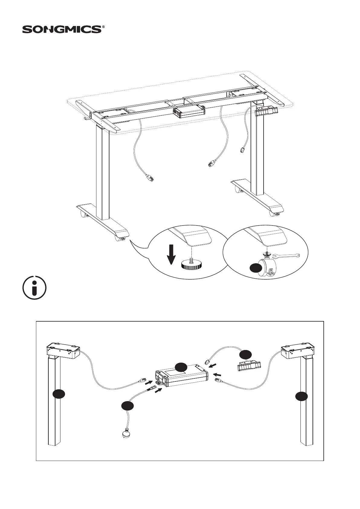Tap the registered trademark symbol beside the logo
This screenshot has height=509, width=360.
coord(103,27)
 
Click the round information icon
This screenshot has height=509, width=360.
coord(35,288)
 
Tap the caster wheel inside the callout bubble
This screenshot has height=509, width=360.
coord(268,267)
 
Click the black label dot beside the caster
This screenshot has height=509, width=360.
coord(256,267)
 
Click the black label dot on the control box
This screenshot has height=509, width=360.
coord(182,367)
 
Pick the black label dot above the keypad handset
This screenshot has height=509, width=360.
coord(245,354)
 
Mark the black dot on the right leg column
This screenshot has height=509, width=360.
coord(302,396)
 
